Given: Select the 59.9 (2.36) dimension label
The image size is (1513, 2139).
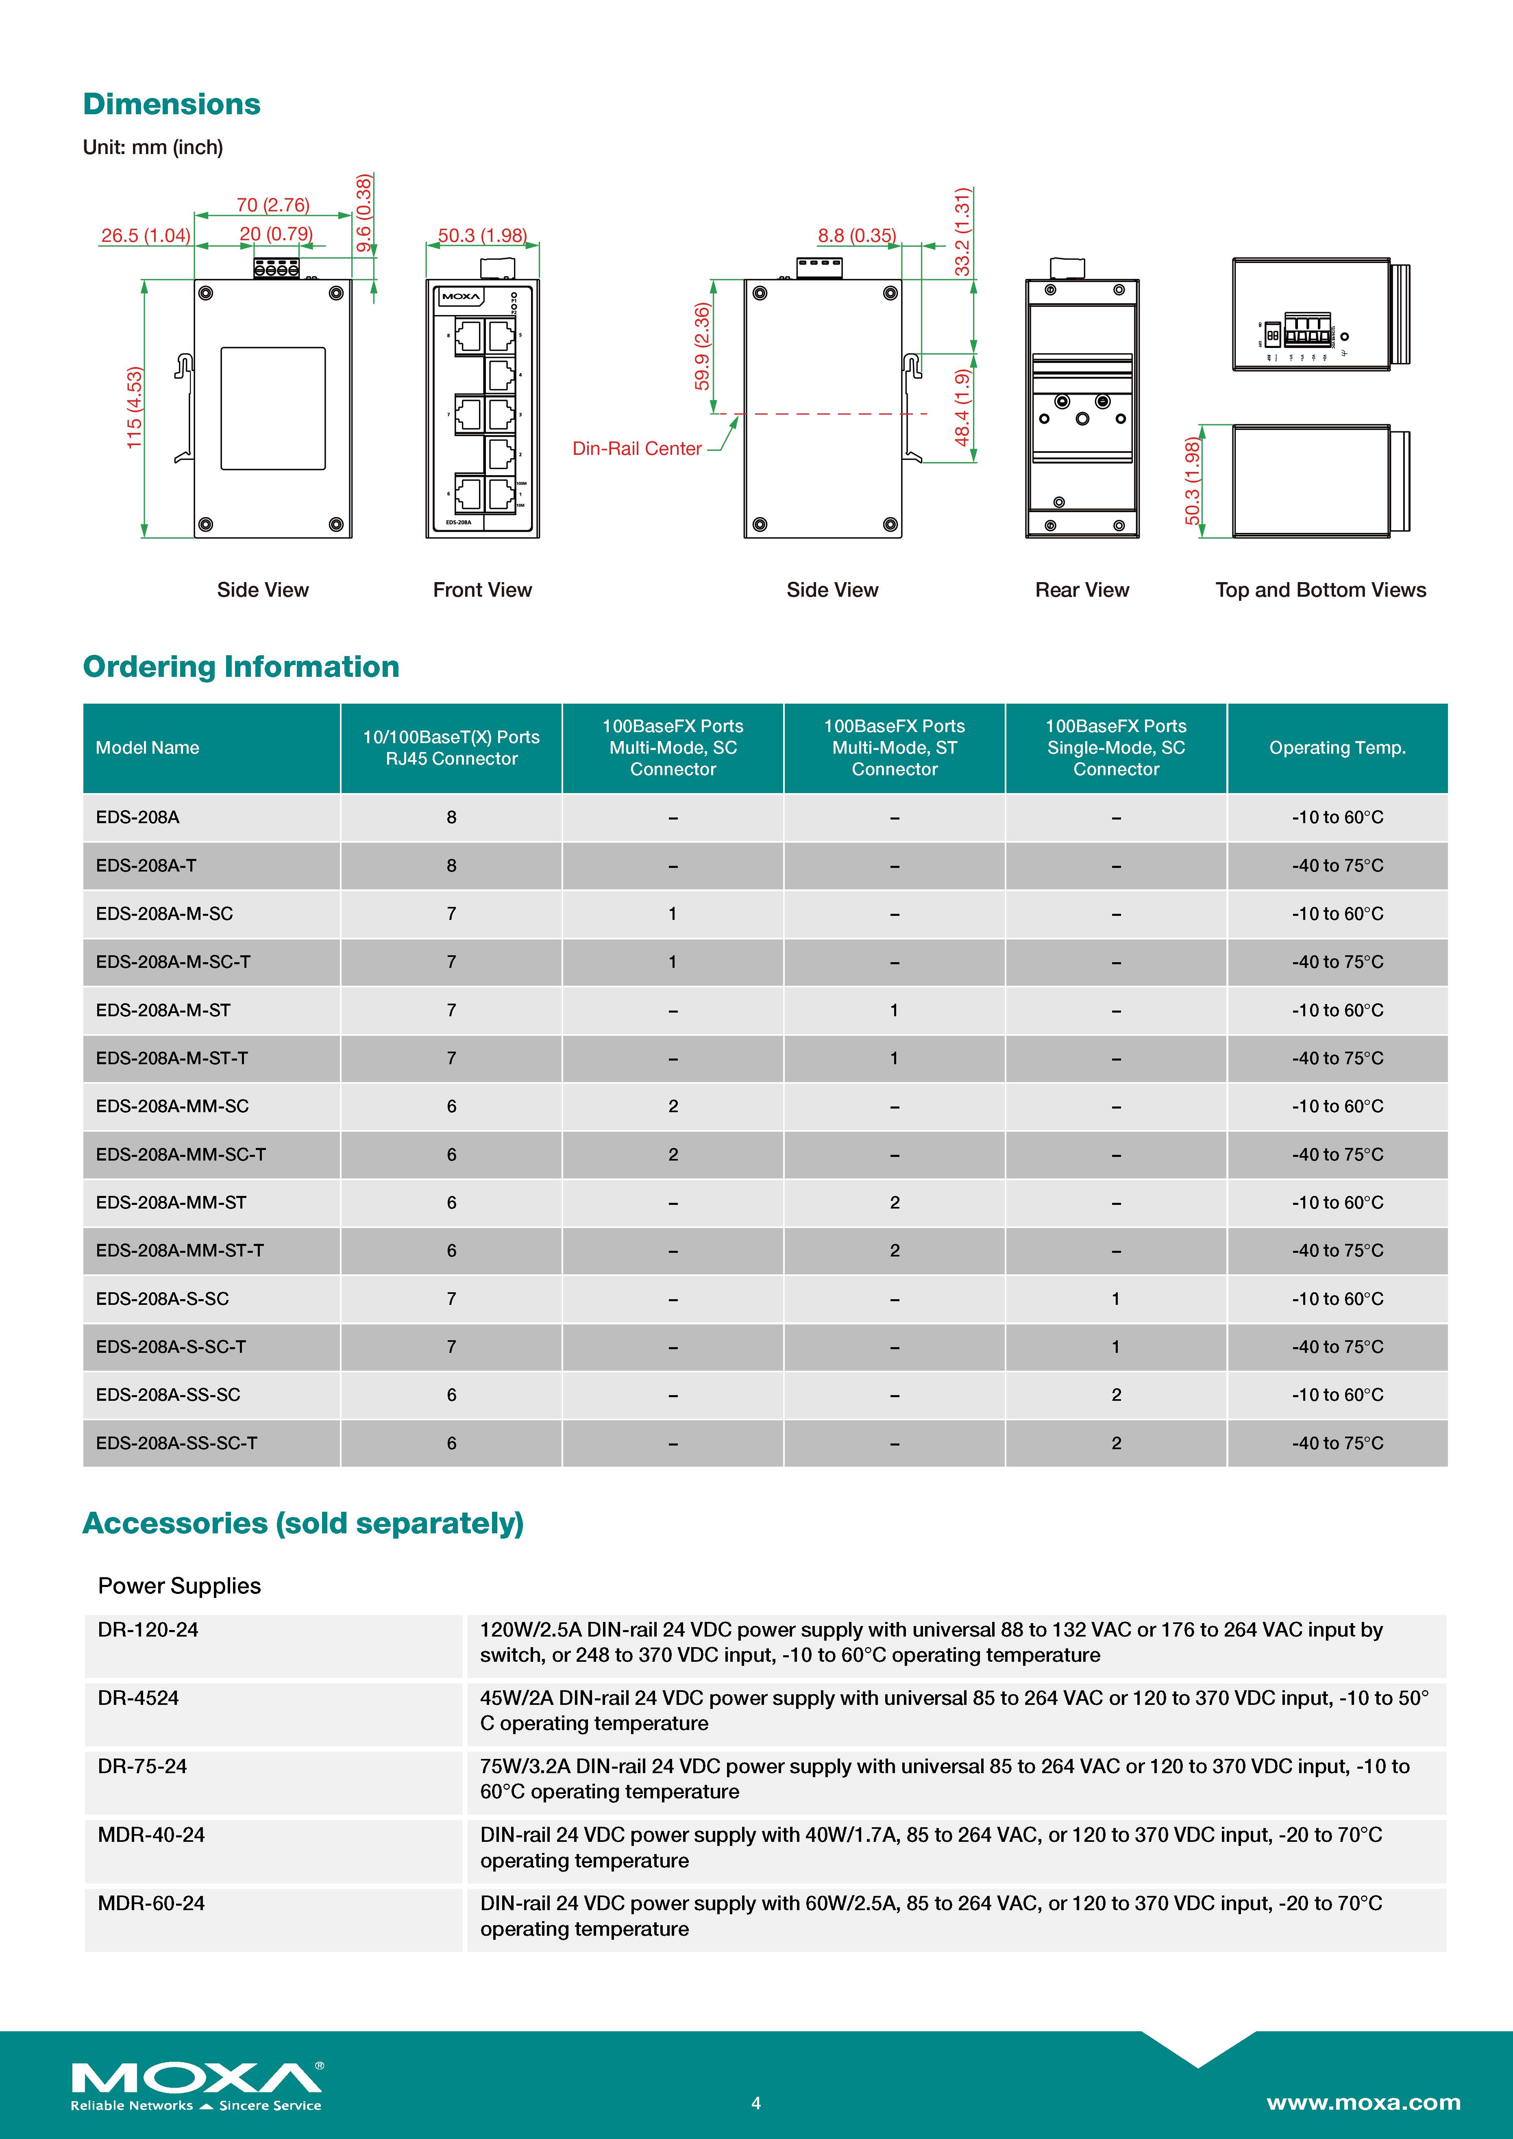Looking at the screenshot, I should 703,347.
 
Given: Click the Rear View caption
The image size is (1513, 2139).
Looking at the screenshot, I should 1082,590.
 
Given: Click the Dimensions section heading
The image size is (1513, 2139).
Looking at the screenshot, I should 172,104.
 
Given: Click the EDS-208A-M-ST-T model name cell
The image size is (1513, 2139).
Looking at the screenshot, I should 172,1058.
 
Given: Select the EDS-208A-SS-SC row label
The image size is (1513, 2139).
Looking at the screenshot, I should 168,1395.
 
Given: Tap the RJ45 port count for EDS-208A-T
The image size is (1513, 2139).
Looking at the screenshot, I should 451,865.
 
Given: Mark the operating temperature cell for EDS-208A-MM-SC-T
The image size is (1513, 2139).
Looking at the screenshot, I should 1337,1154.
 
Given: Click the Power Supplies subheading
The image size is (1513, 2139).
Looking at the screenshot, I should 179,1586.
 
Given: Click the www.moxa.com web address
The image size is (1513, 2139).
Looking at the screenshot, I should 1363,2102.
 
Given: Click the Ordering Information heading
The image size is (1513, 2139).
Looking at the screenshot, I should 240,667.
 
